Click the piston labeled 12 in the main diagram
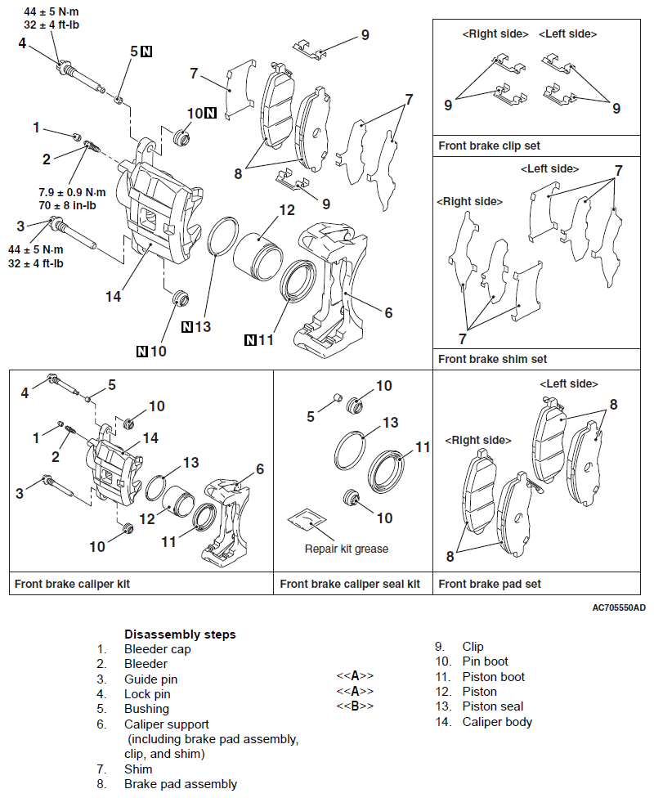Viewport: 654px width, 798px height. [x=257, y=255]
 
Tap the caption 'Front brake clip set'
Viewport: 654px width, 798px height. [x=489, y=146]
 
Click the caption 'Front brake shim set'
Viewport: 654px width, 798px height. [x=492, y=359]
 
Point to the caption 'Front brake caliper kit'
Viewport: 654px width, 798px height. [x=72, y=584]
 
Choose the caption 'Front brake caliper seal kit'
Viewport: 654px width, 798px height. [x=350, y=584]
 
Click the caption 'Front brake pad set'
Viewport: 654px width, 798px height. [x=490, y=584]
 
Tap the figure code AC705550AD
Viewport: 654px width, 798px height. [x=620, y=608]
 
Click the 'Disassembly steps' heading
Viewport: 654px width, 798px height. [x=180, y=634]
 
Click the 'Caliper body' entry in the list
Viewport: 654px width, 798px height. [x=497, y=721]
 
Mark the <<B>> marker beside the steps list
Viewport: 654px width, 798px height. [x=355, y=706]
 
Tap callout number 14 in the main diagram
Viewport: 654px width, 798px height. [x=113, y=296]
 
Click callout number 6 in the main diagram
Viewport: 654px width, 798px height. [x=388, y=312]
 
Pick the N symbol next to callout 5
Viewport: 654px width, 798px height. [x=146, y=52]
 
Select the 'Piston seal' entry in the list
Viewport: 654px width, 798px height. [x=492, y=706]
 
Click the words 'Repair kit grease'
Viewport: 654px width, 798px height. [x=347, y=549]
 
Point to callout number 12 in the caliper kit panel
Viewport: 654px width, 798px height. [x=147, y=518]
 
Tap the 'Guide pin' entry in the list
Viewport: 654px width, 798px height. [x=150, y=679]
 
